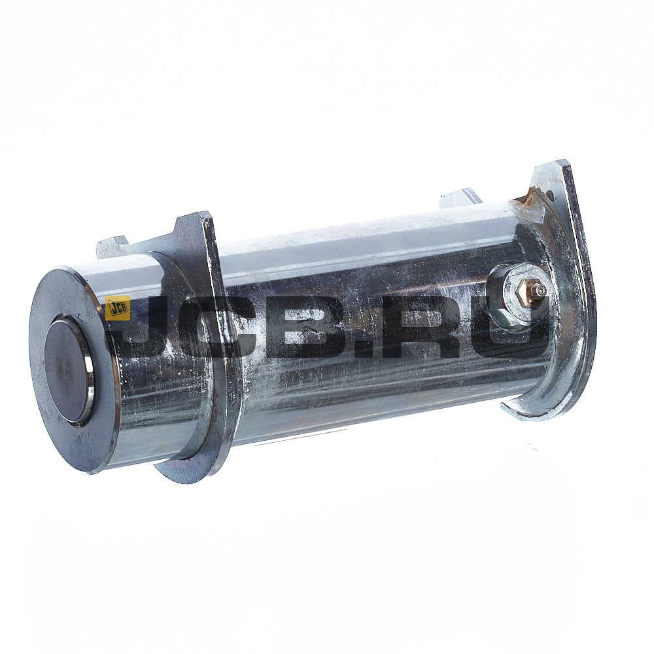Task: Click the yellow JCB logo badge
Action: point(118,308)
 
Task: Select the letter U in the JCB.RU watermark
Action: point(507,330)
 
